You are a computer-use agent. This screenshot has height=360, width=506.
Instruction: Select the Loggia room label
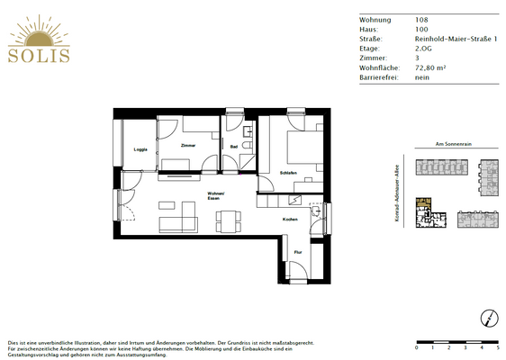point(140,149)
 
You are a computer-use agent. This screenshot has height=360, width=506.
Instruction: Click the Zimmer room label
point(187,145)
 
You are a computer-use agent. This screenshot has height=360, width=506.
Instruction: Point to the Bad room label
point(233,147)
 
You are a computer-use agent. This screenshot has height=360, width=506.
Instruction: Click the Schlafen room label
point(289,173)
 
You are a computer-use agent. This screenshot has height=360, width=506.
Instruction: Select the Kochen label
point(290,220)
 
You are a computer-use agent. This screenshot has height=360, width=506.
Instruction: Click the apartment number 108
point(421,19)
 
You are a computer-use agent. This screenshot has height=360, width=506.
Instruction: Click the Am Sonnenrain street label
point(453,144)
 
